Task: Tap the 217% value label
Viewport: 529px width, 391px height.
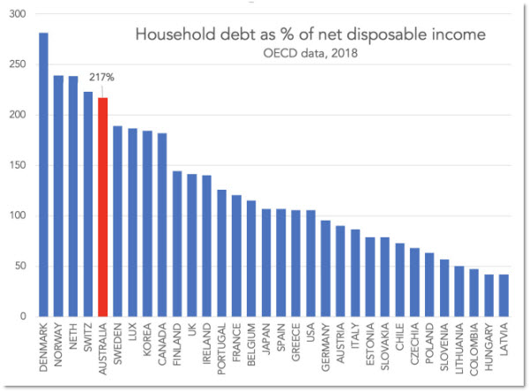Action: click(103, 78)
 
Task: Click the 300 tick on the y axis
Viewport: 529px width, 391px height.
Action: click(17, 14)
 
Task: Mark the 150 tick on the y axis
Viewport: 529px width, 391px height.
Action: click(17, 165)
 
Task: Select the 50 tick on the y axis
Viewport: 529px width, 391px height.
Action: click(19, 266)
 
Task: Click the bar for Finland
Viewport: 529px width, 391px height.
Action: click(177, 244)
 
